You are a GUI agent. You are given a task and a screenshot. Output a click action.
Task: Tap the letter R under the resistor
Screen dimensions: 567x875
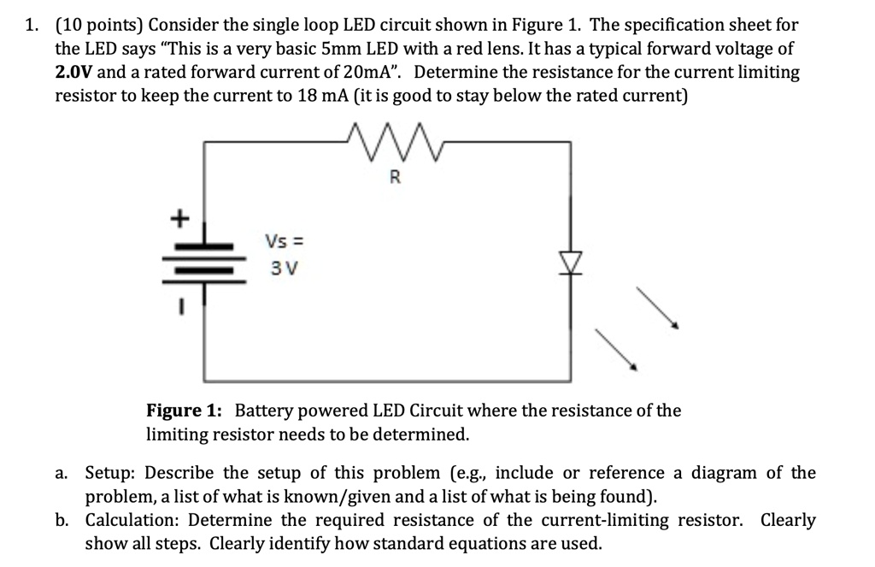(394, 178)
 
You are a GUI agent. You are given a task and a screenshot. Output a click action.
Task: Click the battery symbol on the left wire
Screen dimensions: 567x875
(203, 258)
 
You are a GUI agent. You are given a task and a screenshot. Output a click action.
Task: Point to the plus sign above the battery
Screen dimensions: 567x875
(179, 218)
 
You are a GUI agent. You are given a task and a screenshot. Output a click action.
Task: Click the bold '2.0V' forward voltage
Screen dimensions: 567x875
(74, 73)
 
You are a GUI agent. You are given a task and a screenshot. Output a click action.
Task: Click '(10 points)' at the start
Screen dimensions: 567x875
(97, 25)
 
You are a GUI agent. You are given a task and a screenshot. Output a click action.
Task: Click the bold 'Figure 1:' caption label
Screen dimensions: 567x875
(185, 410)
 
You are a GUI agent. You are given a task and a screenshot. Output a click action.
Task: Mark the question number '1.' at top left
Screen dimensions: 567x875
(32, 25)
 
